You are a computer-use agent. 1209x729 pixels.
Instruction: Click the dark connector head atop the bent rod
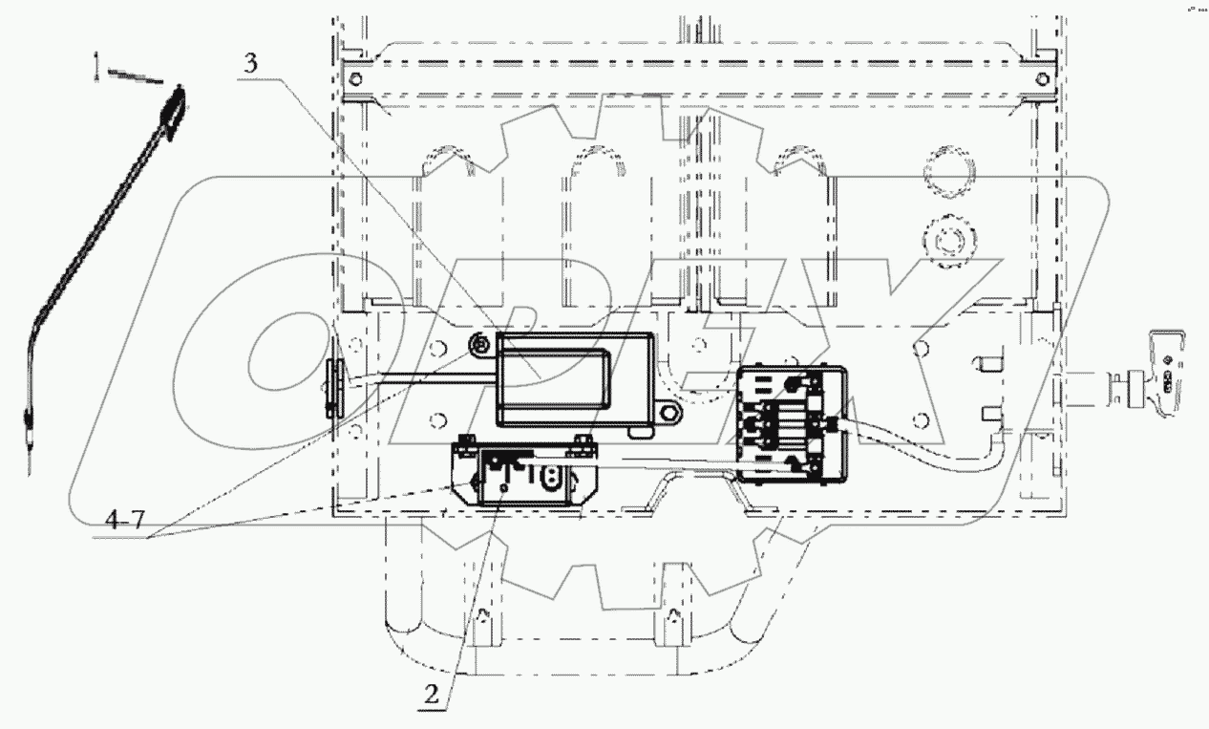coord(172,108)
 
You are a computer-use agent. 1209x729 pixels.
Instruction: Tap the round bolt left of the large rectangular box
coord(480,343)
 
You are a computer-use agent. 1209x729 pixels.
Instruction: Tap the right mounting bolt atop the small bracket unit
coord(582,440)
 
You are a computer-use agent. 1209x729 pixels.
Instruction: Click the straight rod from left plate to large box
coord(420,374)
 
